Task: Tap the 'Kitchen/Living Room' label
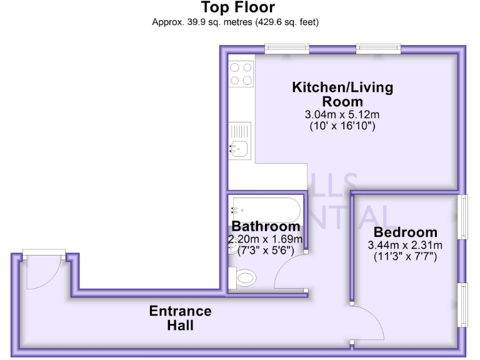coord(342,94)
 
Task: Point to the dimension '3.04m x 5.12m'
coord(342,114)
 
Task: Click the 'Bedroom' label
coord(406,232)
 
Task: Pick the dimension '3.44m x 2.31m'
coord(405,245)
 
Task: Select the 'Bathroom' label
coord(266,226)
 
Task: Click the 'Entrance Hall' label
coord(180,317)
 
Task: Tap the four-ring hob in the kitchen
coord(241,73)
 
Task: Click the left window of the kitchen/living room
coord(287,47)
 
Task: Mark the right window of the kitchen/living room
coord(379,47)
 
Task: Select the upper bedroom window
coord(463,217)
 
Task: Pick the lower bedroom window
coord(463,304)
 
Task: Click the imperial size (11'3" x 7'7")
coord(405,256)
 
